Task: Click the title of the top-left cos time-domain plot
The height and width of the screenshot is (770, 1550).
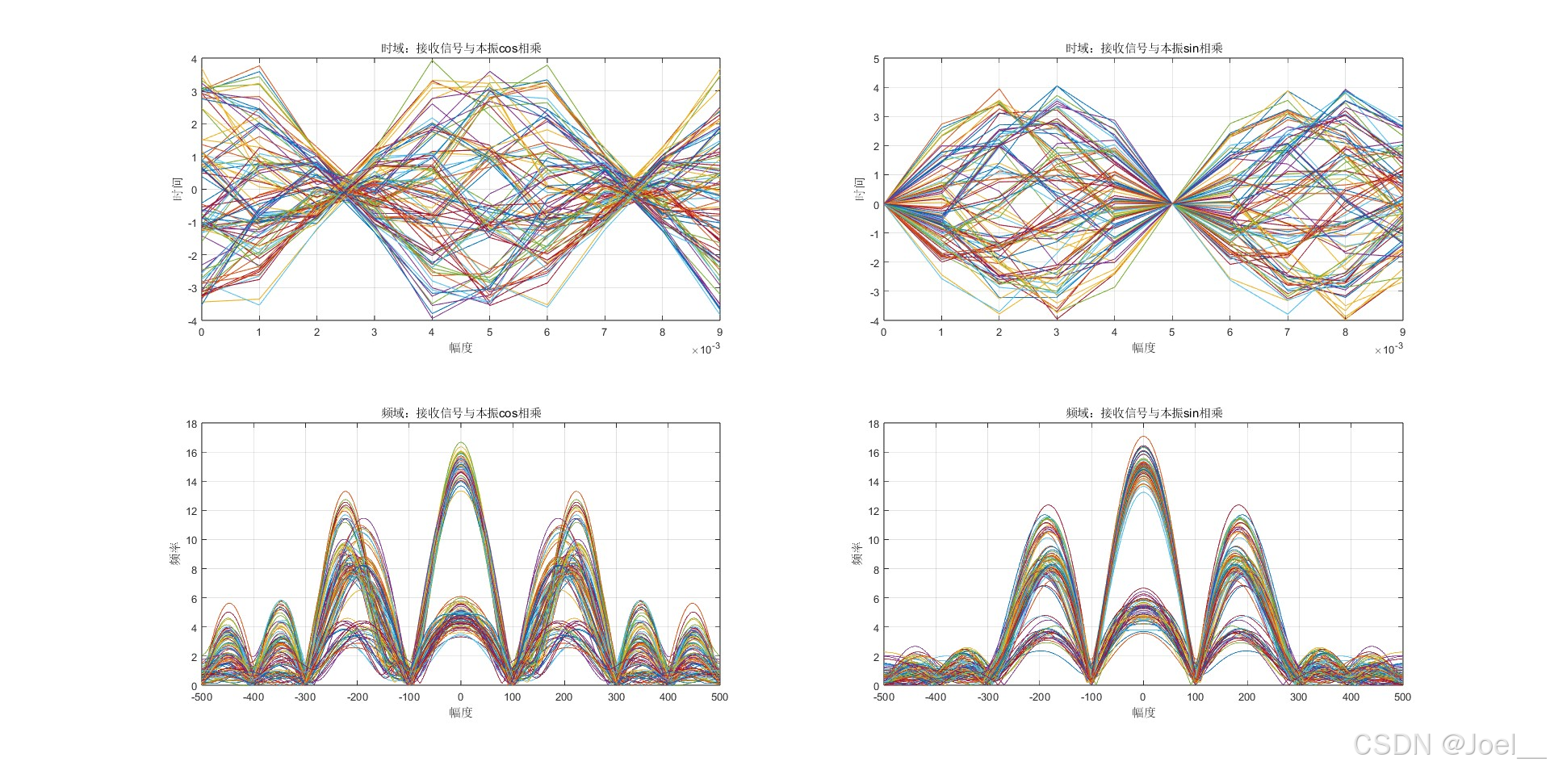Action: tap(461, 48)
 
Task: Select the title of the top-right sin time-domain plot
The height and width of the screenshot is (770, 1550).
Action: tap(1143, 48)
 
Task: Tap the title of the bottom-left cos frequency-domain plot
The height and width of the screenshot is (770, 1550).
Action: tap(461, 413)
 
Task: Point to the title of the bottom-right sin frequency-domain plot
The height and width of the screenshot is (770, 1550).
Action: tap(1143, 413)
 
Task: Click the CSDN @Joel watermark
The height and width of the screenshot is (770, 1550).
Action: tap(1448, 744)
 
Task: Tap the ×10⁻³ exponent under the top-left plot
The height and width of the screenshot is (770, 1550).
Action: tap(706, 349)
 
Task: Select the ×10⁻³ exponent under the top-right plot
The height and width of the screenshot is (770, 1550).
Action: tap(1389, 349)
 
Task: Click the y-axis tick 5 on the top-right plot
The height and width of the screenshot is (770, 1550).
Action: tap(876, 60)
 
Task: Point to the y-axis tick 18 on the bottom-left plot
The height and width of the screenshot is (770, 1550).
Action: tap(191, 425)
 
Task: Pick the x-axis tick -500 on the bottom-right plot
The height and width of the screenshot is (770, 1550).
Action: tap(884, 697)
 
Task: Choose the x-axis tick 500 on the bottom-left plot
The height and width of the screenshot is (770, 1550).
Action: tap(719, 697)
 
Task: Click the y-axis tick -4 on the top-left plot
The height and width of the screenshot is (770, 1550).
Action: tap(192, 321)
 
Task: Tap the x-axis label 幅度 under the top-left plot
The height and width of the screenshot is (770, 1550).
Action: tap(461, 348)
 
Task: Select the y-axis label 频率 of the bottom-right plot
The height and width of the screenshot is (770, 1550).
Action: tap(857, 554)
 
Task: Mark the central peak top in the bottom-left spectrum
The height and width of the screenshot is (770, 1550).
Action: tap(461, 443)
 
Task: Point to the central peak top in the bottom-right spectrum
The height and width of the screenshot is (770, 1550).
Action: tap(1143, 437)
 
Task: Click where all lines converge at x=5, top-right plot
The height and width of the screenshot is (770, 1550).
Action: tap(1171, 204)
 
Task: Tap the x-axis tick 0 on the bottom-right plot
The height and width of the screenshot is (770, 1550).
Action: tap(1143, 697)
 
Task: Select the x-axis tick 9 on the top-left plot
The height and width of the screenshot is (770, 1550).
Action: tap(719, 333)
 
